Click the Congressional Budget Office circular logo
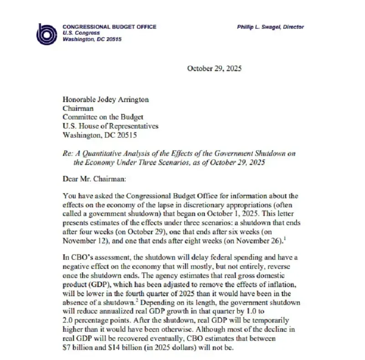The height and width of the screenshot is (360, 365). click(x=47, y=33)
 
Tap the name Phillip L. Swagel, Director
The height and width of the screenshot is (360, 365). click(x=270, y=27)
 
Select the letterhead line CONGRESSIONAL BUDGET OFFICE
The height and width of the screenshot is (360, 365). click(x=109, y=27)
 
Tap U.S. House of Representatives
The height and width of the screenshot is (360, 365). click(x=110, y=126)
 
